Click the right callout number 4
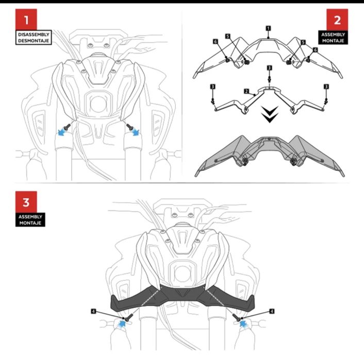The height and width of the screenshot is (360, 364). [x=271, y=312]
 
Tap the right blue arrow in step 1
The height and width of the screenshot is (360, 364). [x=136, y=132]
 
